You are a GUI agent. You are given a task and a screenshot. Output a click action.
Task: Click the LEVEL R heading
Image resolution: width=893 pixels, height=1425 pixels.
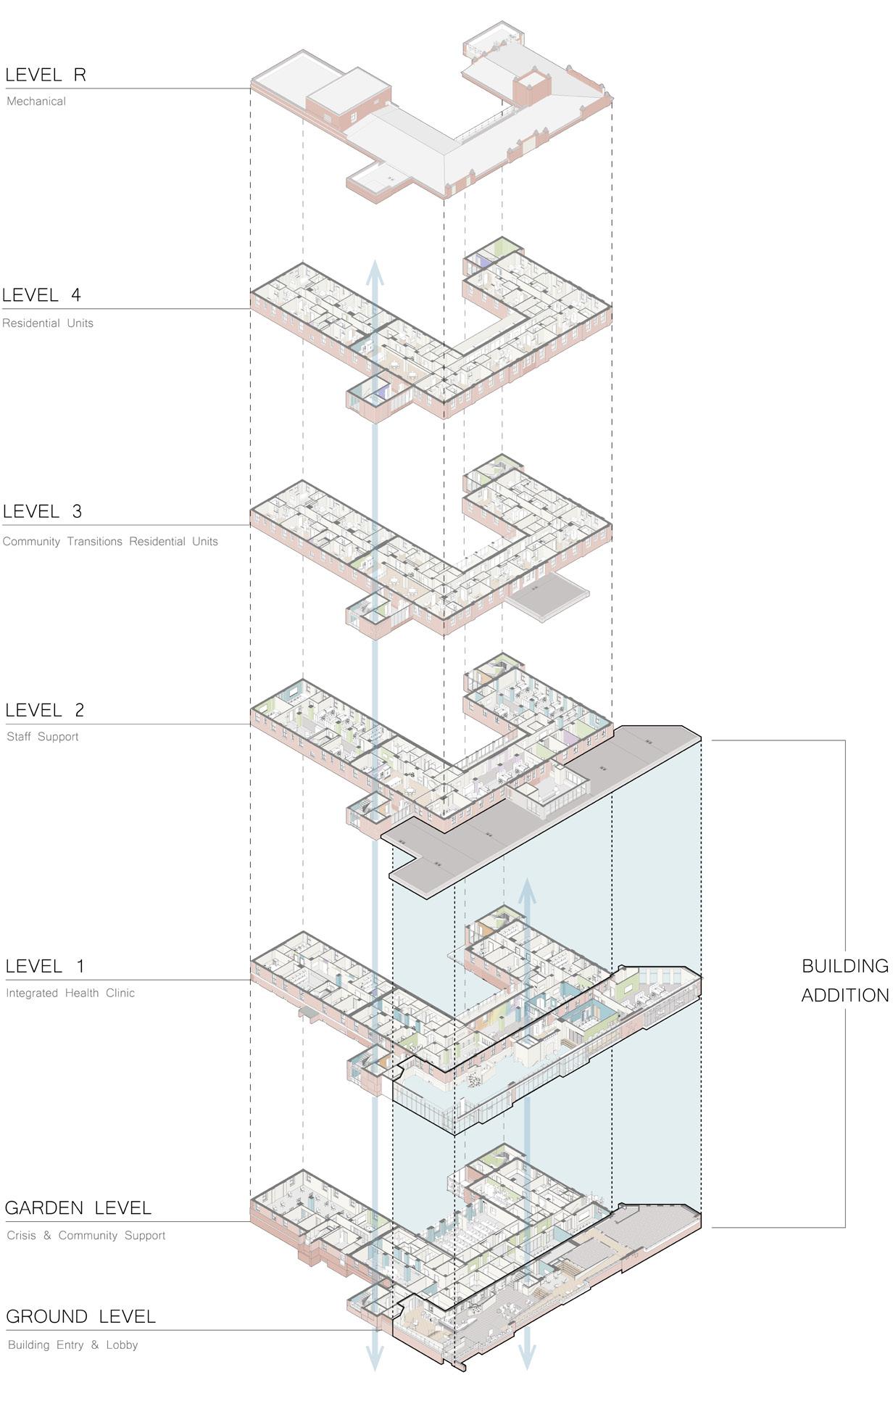(x=46, y=75)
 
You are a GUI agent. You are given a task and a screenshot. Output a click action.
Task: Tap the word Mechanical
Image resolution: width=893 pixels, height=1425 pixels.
(x=36, y=102)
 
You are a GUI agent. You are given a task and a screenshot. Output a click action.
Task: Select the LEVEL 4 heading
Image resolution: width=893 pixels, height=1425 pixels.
(x=41, y=295)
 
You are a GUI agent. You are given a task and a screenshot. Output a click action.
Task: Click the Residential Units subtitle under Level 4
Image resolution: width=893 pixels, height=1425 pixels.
(x=48, y=323)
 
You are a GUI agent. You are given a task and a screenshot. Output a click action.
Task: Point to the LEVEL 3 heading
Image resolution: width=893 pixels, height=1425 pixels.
(x=42, y=512)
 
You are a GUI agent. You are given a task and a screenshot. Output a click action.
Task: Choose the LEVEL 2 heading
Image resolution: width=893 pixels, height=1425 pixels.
(x=45, y=711)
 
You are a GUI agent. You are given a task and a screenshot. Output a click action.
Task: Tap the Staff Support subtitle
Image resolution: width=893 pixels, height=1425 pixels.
(x=43, y=737)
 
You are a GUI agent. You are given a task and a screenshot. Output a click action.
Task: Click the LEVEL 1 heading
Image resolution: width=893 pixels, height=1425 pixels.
(x=45, y=967)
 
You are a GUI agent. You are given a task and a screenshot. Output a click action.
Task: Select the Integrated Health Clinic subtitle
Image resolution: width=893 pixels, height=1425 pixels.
(x=70, y=994)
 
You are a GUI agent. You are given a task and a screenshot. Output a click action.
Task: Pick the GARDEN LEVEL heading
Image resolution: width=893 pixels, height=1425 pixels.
(x=78, y=1208)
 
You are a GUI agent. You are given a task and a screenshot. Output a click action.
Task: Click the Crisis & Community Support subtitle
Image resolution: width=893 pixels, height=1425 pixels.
(x=86, y=1236)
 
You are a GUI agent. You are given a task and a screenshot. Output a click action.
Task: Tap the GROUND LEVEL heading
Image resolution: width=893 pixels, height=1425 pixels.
(x=81, y=1317)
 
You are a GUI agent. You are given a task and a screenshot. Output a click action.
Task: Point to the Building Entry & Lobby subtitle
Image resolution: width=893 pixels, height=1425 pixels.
(x=72, y=1345)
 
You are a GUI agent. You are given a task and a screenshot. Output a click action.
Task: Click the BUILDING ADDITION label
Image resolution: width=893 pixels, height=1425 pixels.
(x=844, y=980)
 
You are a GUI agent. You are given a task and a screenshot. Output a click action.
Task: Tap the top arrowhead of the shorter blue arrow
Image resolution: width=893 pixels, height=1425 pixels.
(x=527, y=891)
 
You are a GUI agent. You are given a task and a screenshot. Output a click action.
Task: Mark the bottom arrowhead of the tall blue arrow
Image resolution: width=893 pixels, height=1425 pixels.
(x=375, y=1358)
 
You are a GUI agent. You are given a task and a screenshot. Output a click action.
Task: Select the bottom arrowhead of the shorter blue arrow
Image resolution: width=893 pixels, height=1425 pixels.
(x=527, y=1358)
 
